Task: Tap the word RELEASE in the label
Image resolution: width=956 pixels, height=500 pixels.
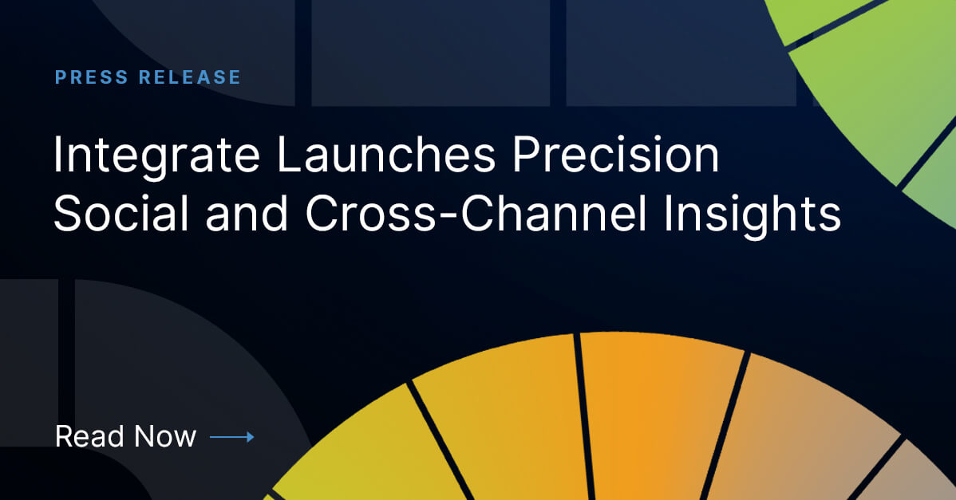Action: pyautogui.click(x=189, y=77)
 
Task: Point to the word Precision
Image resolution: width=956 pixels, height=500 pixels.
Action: pyautogui.click(x=616, y=156)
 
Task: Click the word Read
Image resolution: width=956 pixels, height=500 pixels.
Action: pyautogui.click(x=89, y=436)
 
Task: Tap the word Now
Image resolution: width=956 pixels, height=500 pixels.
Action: pyautogui.click(x=164, y=436)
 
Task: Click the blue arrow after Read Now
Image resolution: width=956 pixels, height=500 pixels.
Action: pyautogui.click(x=232, y=437)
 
